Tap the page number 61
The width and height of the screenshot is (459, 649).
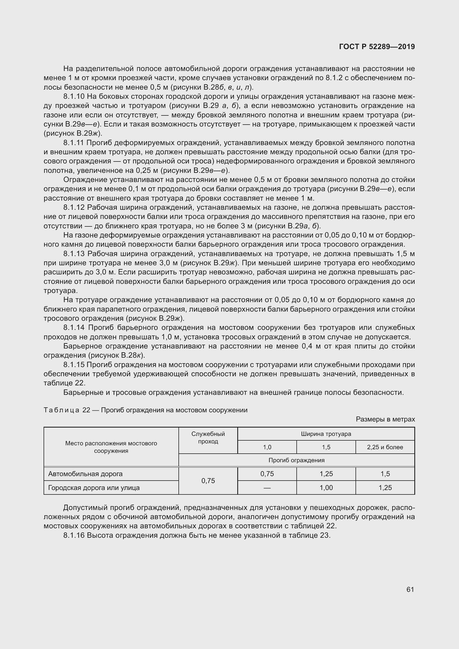pyautogui.click(x=410, y=589)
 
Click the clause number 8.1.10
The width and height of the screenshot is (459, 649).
pyautogui.click(x=74, y=97)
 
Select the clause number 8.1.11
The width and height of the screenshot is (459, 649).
pyautogui.click(x=74, y=143)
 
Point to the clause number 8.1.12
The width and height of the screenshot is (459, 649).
pyautogui.click(x=74, y=208)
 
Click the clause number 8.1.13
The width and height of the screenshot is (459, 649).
pyautogui.click(x=74, y=254)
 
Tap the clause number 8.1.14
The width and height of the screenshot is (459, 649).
pyautogui.click(x=74, y=328)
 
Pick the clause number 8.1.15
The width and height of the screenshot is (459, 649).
pyautogui.click(x=74, y=365)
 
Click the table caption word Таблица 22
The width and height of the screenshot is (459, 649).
pyautogui.click(x=67, y=410)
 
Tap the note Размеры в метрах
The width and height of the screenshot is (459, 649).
pyautogui.click(x=385, y=419)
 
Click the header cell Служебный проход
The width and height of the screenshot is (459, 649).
pyautogui.click(x=208, y=438)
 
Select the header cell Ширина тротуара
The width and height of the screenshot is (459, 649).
pyautogui.click(x=326, y=434)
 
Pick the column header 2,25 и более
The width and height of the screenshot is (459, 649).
pyautogui.click(x=385, y=447)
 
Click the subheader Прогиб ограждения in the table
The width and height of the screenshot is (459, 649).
pyautogui.click(x=296, y=460)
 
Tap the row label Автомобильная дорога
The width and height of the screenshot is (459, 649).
pyautogui.click(x=85, y=474)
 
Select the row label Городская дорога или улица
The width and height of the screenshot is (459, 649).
pyautogui.click(x=94, y=488)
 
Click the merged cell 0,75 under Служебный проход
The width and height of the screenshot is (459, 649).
pyautogui.click(x=208, y=481)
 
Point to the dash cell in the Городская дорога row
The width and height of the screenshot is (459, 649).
pyautogui.click(x=267, y=488)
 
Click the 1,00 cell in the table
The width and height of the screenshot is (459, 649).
pyautogui.click(x=326, y=488)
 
